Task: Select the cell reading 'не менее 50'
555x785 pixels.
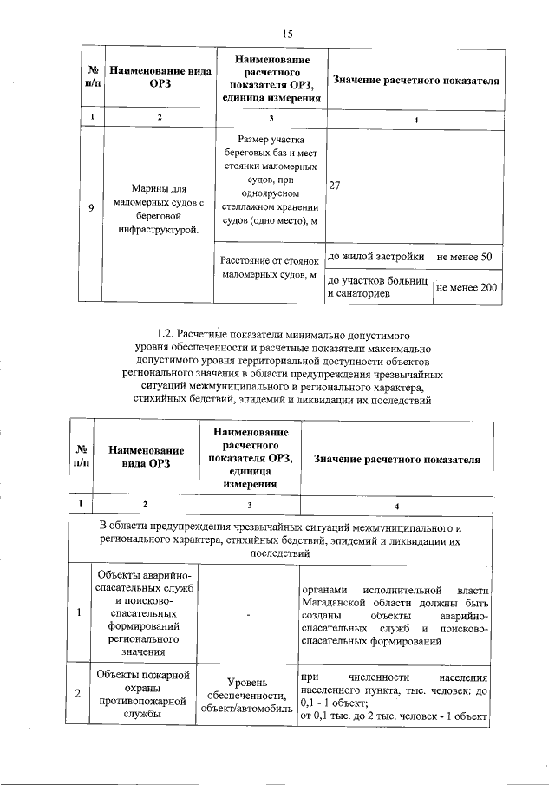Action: coord(464,257)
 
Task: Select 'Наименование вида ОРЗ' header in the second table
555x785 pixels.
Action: coord(146,457)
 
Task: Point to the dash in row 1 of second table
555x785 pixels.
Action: coord(248,614)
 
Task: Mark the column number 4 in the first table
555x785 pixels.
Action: coord(416,118)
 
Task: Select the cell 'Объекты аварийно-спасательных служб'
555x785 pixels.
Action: coord(146,614)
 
